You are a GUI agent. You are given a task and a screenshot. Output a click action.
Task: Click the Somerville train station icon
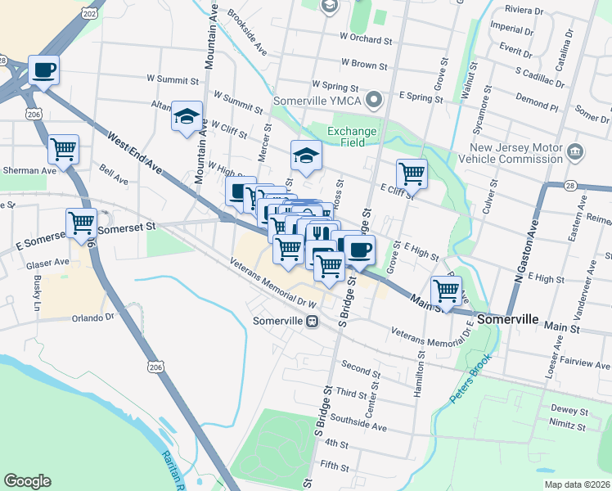[312, 322]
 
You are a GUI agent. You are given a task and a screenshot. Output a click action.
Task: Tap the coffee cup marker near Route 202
[44, 71]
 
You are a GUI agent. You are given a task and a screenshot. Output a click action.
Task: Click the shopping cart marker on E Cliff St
[412, 173]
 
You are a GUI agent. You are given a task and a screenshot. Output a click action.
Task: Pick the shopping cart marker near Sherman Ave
[63, 150]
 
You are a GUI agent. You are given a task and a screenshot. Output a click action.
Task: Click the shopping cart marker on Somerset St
[82, 223]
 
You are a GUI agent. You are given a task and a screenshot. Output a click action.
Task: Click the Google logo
[27, 481]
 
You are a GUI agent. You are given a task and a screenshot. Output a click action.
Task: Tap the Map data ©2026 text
[577, 484]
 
